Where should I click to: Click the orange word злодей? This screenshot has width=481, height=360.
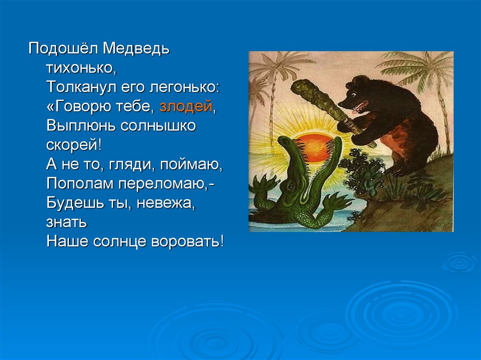click(186, 107)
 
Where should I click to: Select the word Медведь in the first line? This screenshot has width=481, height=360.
click(136, 49)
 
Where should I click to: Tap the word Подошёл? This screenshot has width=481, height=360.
click(63, 49)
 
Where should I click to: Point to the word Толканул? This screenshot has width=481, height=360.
click(81, 87)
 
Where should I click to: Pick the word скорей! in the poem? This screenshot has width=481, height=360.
click(74, 145)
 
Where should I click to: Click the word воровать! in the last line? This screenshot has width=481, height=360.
click(187, 241)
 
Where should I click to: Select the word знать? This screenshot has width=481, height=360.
click(67, 222)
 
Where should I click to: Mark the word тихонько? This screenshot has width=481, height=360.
click(81, 68)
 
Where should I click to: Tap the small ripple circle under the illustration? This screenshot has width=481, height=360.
click(459, 262)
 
